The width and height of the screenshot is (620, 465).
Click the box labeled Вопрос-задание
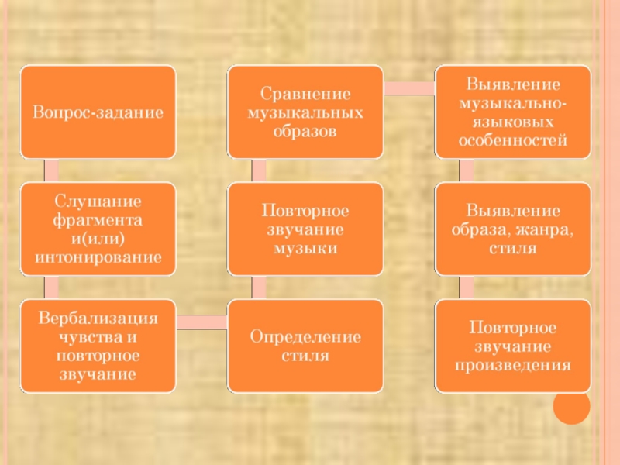point(98,112)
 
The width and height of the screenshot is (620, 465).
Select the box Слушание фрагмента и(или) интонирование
point(98,229)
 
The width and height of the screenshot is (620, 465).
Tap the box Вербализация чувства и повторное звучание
point(98,346)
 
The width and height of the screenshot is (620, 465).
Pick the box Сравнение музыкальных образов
point(305,112)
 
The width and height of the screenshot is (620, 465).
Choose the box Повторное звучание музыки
point(305,229)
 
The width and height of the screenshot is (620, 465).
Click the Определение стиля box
point(305,346)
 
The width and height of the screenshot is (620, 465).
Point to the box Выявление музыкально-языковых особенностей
point(512,112)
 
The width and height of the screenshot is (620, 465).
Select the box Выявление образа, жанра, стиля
point(512,229)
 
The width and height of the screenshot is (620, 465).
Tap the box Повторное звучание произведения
point(512,346)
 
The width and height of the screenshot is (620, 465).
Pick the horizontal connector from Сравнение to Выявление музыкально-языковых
point(408,88)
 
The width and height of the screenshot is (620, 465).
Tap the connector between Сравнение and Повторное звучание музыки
point(259,170)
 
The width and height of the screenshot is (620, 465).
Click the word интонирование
point(98,255)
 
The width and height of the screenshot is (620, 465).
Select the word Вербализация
point(98,319)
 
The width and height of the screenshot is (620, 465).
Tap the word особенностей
point(512,140)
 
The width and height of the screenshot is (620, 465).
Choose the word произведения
point(512,364)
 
